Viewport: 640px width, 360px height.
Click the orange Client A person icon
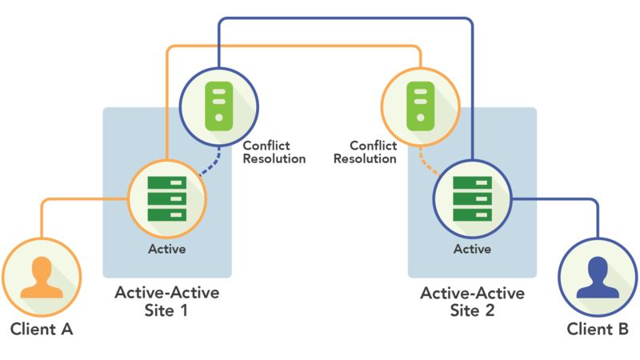[x=42, y=278]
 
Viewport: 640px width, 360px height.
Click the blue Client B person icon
[x=598, y=278]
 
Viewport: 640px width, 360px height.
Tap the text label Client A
[x=42, y=329]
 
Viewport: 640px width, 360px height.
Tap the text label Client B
[x=598, y=329]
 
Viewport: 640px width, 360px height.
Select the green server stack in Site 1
[x=167, y=198]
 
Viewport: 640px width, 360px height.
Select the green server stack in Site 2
[x=472, y=198]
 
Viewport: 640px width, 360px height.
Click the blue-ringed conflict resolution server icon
[x=218, y=106]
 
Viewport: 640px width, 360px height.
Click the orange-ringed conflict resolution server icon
[x=421, y=106]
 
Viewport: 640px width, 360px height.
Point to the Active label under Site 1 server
[x=167, y=249]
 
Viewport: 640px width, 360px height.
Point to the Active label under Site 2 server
[x=472, y=249]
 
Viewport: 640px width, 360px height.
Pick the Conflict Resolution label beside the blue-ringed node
[x=274, y=152]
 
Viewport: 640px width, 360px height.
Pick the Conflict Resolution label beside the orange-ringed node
[x=365, y=152]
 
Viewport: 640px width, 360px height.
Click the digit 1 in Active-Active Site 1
[x=183, y=310]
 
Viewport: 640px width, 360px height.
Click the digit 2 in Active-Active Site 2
[x=490, y=310]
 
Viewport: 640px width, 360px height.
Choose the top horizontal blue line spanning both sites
[x=346, y=18]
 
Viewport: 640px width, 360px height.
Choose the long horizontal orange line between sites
[x=294, y=46]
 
